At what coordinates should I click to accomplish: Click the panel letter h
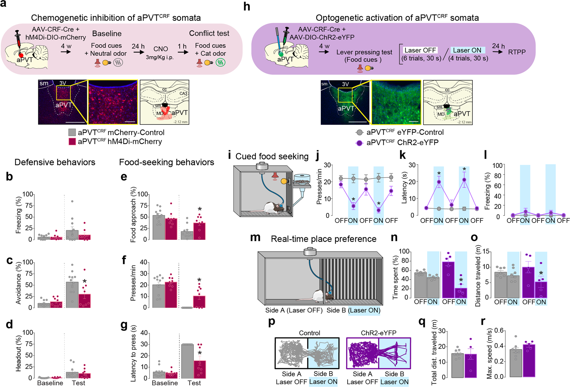coord(247,6)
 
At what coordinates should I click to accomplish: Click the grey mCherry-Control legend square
coord(72,132)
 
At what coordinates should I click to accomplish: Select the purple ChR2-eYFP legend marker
coord(359,143)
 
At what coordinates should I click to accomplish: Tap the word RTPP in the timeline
coord(517,52)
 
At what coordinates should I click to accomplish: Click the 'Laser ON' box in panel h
coord(467,50)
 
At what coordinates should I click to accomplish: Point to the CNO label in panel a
coord(161,49)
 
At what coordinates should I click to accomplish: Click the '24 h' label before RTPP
coord(498,46)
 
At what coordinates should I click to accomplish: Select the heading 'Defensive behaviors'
coord(55,162)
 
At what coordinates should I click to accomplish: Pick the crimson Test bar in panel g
coord(200,369)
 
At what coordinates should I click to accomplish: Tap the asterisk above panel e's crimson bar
coord(200,209)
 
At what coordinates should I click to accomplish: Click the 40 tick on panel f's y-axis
coord(143,262)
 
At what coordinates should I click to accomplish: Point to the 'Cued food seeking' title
coord(272,156)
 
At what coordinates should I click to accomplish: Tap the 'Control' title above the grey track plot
coord(309,333)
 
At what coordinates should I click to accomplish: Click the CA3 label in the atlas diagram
coord(183,94)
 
